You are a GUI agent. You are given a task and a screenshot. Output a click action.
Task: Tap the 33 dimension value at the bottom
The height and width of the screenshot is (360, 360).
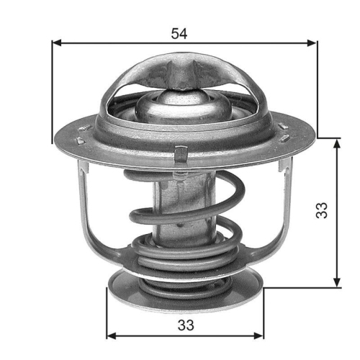pos(185,325)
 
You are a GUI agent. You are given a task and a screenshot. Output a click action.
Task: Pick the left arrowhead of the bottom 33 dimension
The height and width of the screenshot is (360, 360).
pos(111,335)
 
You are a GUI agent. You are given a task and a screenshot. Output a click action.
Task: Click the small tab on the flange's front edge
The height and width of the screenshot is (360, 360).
pos(181,152)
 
